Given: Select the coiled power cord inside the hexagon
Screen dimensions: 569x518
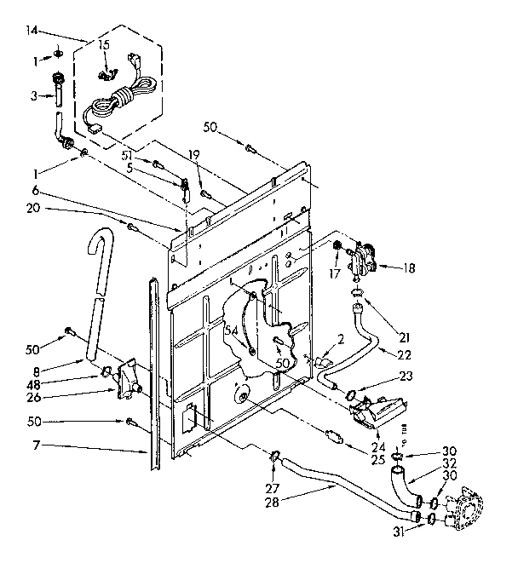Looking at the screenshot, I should pos(124,95).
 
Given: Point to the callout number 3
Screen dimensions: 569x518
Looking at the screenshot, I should pos(36,96).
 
